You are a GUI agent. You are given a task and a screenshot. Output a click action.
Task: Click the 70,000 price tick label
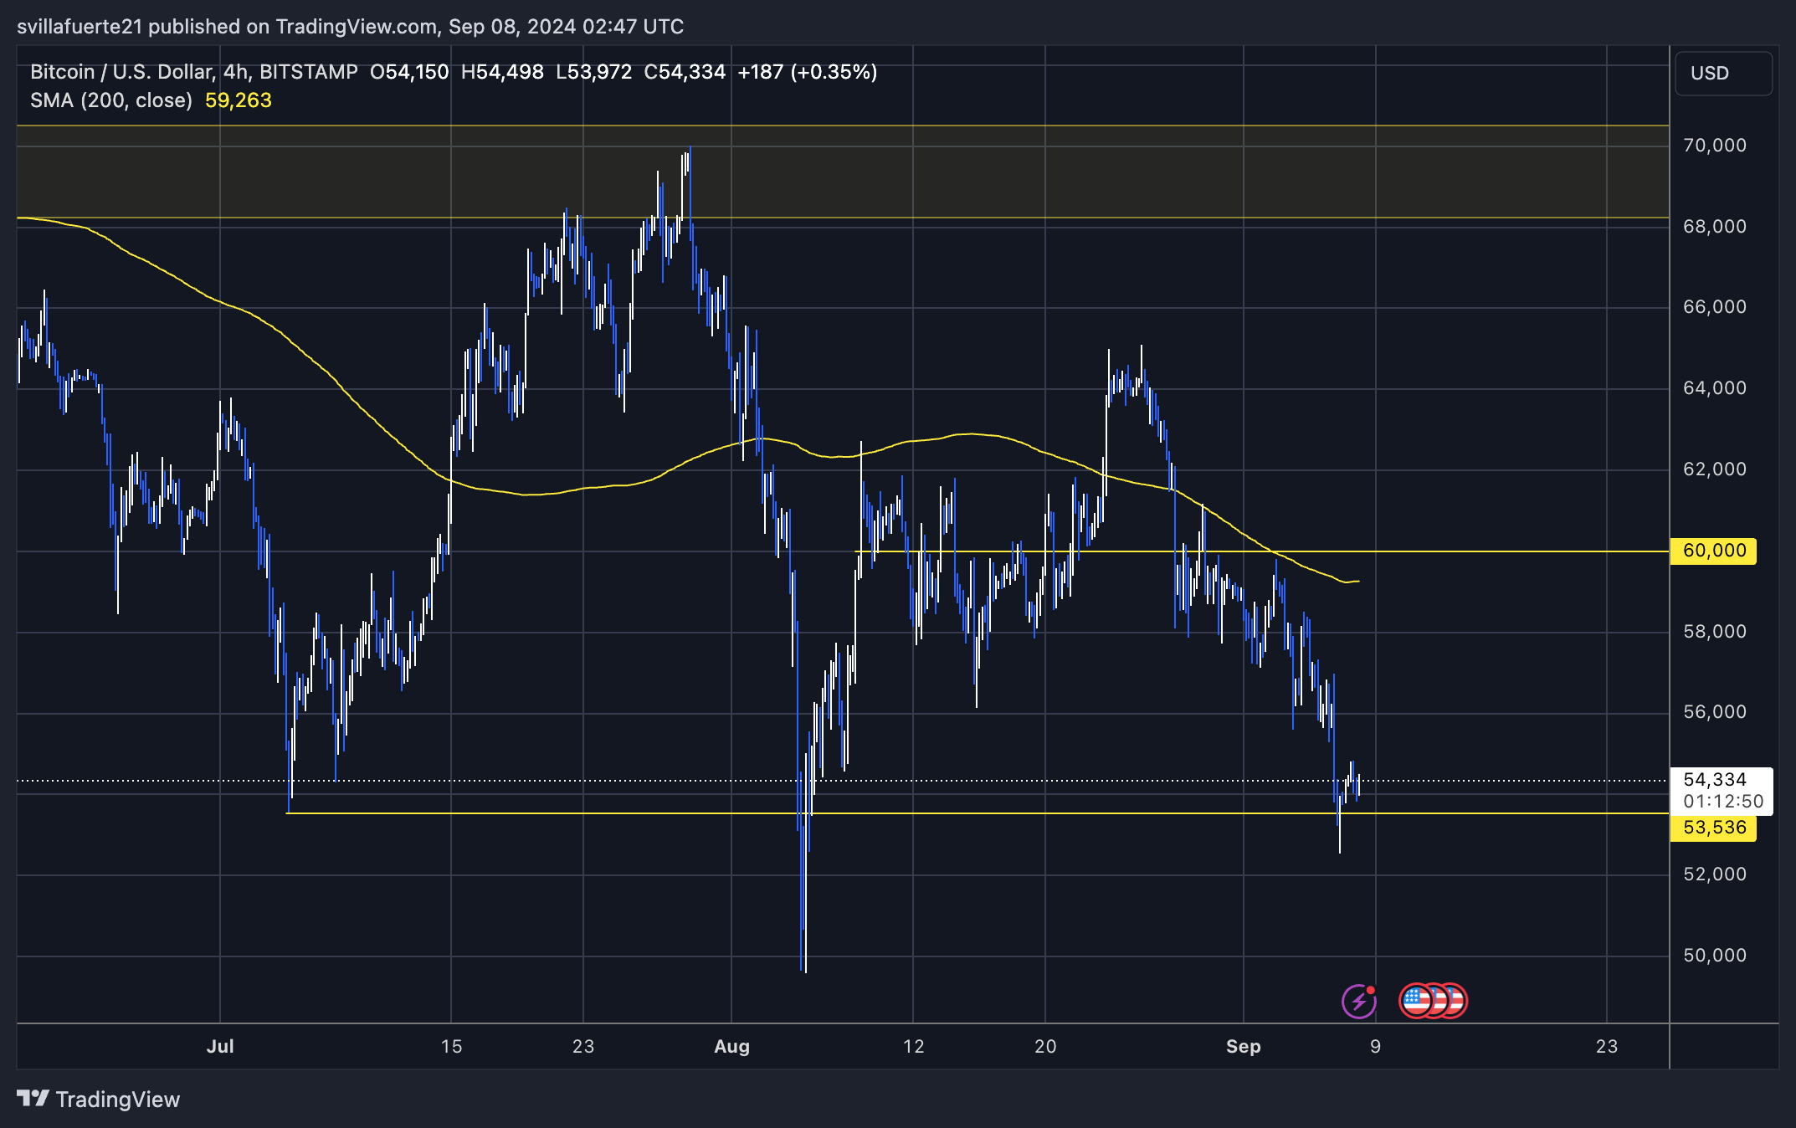pyautogui.click(x=1714, y=146)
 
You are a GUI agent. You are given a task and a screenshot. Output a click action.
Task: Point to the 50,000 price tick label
pyautogui.click(x=1714, y=956)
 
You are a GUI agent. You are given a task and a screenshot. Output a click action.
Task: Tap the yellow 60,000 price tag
pyautogui.click(x=1713, y=551)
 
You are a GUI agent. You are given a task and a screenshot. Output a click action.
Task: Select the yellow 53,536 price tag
pyautogui.click(x=1713, y=828)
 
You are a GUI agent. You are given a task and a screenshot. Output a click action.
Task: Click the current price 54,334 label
pyautogui.click(x=1714, y=780)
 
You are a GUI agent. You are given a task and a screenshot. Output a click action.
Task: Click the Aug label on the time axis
pyautogui.click(x=731, y=1046)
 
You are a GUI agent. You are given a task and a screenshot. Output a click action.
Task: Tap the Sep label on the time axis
pyautogui.click(x=1243, y=1046)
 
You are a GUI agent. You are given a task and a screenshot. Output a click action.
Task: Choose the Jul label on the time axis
pyautogui.click(x=220, y=1046)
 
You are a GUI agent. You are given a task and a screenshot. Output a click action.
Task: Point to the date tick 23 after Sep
pyautogui.click(x=1606, y=1046)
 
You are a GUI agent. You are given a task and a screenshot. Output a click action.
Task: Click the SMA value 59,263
pyautogui.click(x=239, y=100)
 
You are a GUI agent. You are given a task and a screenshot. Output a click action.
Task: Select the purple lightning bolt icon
pyautogui.click(x=1358, y=1001)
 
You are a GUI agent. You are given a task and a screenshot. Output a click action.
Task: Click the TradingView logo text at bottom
pyautogui.click(x=117, y=1100)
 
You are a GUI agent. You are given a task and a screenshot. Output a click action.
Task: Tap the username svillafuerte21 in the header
pyautogui.click(x=80, y=27)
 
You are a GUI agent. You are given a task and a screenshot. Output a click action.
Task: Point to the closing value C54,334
pyautogui.click(x=684, y=72)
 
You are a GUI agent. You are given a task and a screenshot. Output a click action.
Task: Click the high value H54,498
pyautogui.click(x=502, y=72)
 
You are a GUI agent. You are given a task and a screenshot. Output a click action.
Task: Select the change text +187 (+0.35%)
pyautogui.click(x=807, y=72)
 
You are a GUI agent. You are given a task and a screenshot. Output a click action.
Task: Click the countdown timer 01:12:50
pyautogui.click(x=1722, y=802)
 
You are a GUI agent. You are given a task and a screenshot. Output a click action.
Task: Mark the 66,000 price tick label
pyautogui.click(x=1714, y=307)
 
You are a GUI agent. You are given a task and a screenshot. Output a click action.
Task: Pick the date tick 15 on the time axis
pyautogui.click(x=451, y=1046)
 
